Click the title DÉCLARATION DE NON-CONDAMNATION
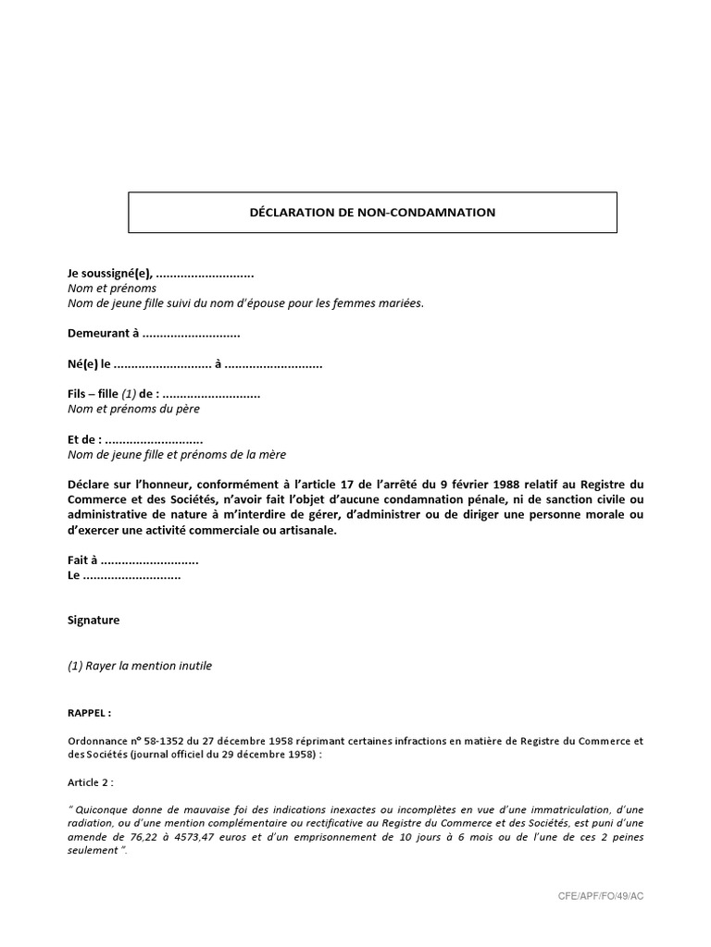[372, 213]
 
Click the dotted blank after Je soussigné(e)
[205, 275]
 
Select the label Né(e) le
[89, 364]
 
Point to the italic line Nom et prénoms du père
[133, 409]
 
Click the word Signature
[94, 621]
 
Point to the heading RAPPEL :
[90, 714]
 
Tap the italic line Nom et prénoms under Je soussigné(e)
[112, 289]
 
